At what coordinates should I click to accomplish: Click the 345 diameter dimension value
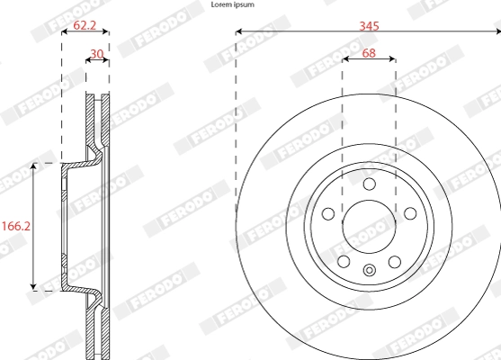(369, 26)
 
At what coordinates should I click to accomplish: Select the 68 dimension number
(369, 53)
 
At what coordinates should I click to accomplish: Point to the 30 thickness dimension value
(96, 53)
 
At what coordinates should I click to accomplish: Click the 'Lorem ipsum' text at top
(231, 4)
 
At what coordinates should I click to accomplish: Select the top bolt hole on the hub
(369, 184)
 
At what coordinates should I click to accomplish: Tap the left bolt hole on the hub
(327, 214)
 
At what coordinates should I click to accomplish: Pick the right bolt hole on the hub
(410, 214)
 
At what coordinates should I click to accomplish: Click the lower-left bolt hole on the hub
(344, 262)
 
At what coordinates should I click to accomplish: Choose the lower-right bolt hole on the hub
(394, 262)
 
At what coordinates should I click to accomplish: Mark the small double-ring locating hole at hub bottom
(369, 272)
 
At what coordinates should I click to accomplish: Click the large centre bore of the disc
(369, 227)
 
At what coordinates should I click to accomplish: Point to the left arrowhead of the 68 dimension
(345, 60)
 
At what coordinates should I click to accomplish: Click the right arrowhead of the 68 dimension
(392, 60)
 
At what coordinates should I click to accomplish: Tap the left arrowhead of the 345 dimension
(239, 33)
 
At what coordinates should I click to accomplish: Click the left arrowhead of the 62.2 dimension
(64, 33)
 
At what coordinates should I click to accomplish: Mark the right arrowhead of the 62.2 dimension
(105, 33)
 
